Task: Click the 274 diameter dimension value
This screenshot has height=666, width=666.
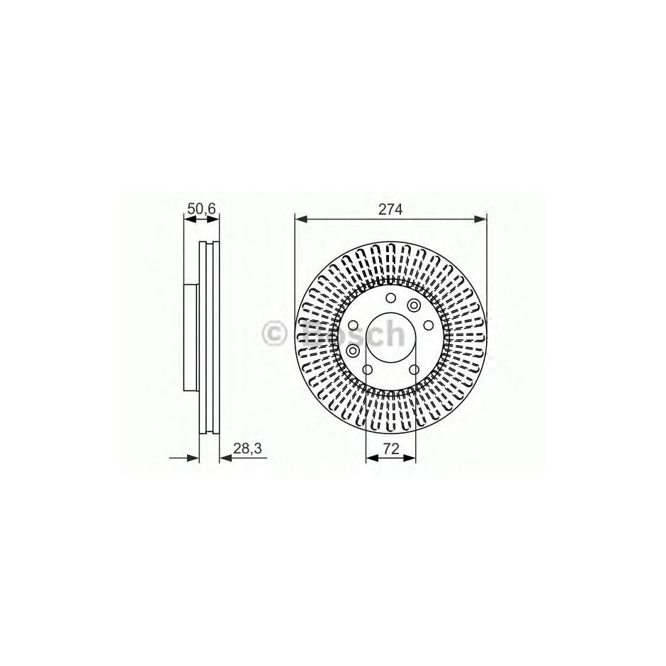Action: coord(390,210)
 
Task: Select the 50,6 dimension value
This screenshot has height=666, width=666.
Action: coord(202,208)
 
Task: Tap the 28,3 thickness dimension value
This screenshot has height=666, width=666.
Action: coord(247,448)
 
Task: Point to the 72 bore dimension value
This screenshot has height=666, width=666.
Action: coord(391,449)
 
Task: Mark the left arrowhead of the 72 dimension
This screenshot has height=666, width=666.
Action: coord(372,458)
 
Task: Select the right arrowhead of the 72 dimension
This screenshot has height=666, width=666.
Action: coord(410,458)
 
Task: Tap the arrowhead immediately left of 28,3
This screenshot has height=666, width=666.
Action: coord(225,458)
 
